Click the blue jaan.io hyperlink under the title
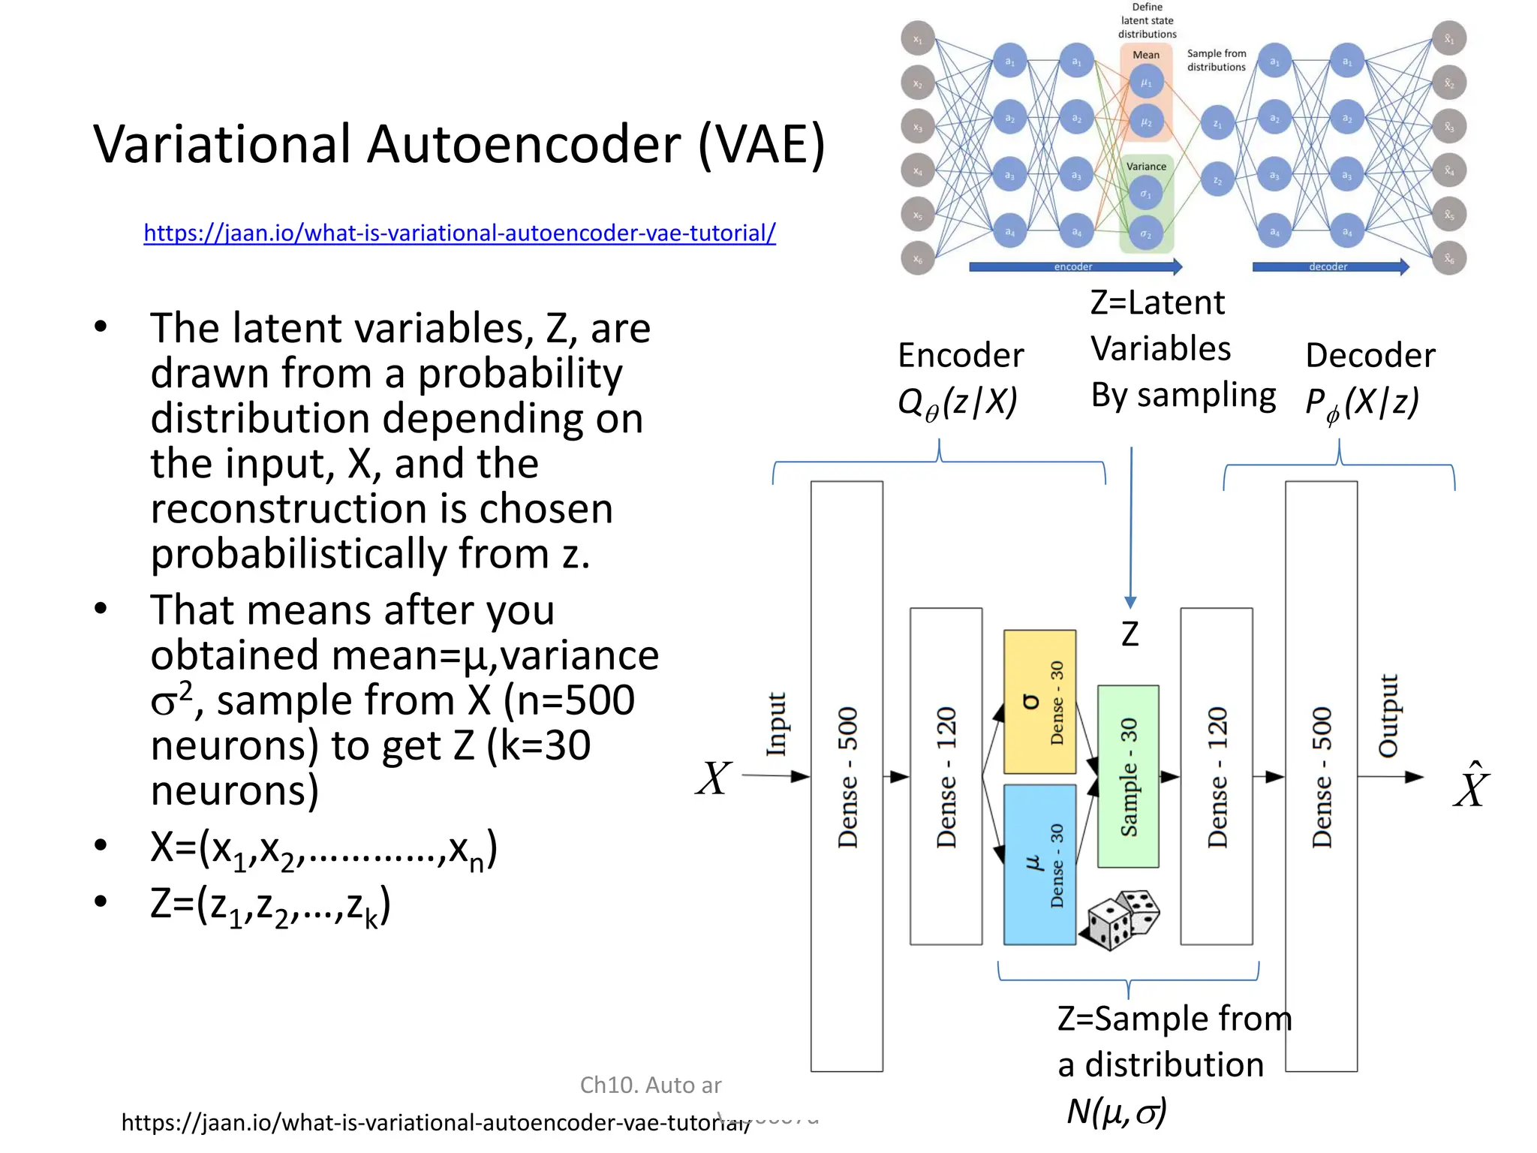click(459, 233)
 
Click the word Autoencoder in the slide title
click(523, 144)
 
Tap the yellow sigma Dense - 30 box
click(1039, 702)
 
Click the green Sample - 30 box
click(1128, 776)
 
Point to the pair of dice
click(1120, 920)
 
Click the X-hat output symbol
click(1471, 786)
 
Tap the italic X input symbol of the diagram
click(713, 778)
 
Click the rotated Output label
click(1388, 715)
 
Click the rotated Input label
click(776, 724)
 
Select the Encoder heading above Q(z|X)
click(961, 355)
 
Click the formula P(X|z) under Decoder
click(1362, 403)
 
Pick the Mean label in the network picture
click(1146, 55)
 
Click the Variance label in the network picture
click(1146, 167)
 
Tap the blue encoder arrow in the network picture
click(1074, 266)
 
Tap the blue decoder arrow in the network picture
click(1329, 266)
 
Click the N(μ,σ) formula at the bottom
click(1117, 1112)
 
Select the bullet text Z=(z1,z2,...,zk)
click(270, 906)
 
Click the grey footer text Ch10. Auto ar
click(650, 1085)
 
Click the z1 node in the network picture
click(1217, 124)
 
